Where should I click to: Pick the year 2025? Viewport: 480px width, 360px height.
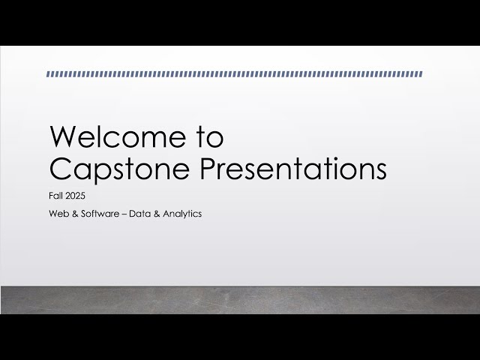(76, 196)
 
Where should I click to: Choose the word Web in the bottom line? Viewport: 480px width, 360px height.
(56, 214)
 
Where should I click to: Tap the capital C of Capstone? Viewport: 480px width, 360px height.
(59, 168)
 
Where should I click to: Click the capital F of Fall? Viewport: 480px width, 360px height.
(49, 196)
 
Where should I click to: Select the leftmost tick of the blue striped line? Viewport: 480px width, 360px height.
(48, 74)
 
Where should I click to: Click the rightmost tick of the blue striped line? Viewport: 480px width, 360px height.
(421, 74)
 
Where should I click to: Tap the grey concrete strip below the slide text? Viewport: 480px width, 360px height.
(240, 300)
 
